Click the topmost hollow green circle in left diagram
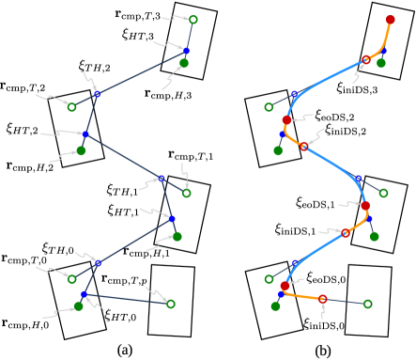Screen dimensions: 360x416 click(x=193, y=20)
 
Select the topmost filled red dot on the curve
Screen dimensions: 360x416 click(x=390, y=20)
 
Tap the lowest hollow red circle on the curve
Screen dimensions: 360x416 click(x=323, y=299)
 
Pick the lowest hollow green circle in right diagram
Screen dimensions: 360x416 click(x=367, y=304)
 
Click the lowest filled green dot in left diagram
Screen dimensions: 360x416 click(x=79, y=305)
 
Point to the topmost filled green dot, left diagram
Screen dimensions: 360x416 click(x=184, y=63)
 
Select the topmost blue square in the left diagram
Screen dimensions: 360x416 click(x=186, y=51)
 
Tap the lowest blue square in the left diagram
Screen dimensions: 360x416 click(x=84, y=294)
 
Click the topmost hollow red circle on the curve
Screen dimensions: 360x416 click(x=366, y=60)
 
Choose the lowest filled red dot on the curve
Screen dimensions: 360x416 click(x=285, y=286)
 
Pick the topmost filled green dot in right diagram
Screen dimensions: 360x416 click(x=381, y=63)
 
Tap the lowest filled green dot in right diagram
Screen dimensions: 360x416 click(x=275, y=305)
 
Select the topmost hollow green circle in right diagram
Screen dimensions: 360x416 click(x=269, y=107)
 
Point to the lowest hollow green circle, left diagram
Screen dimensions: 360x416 click(x=171, y=304)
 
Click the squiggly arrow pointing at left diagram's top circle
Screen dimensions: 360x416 click(x=175, y=18)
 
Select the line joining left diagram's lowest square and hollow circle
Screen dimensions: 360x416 click(x=127, y=299)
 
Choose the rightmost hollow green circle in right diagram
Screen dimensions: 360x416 click(x=383, y=193)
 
